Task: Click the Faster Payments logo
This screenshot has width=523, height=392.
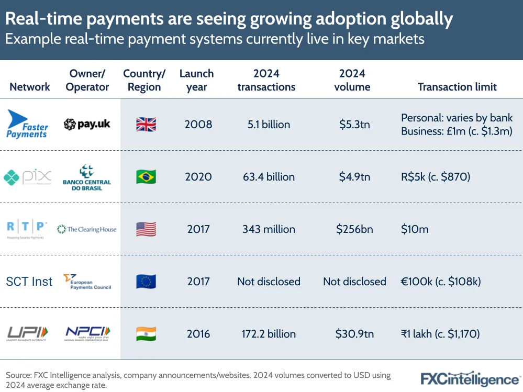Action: [27, 124]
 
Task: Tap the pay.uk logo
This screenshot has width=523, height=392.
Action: [87, 124]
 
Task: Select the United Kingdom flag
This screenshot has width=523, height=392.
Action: [146, 124]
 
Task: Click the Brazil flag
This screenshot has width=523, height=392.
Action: [146, 177]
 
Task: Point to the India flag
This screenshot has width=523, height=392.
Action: [146, 334]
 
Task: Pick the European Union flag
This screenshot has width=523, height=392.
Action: [146, 282]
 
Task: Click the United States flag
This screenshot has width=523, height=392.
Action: [146, 229]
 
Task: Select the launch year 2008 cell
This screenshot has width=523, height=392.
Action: [198, 125]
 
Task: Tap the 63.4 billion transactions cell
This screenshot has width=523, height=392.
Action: [269, 177]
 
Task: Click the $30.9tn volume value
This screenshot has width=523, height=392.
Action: [354, 334]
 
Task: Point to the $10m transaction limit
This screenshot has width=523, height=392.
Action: [415, 229]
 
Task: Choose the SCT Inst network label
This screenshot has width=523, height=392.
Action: [29, 282]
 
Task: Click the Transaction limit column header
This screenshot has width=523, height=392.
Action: [457, 87]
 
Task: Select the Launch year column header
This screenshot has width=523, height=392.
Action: [197, 80]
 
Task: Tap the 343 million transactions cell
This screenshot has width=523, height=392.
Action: [269, 229]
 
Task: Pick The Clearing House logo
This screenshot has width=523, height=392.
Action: [87, 229]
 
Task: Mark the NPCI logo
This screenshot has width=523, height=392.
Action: [88, 333]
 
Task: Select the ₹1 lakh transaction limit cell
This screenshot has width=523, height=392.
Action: [440, 334]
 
